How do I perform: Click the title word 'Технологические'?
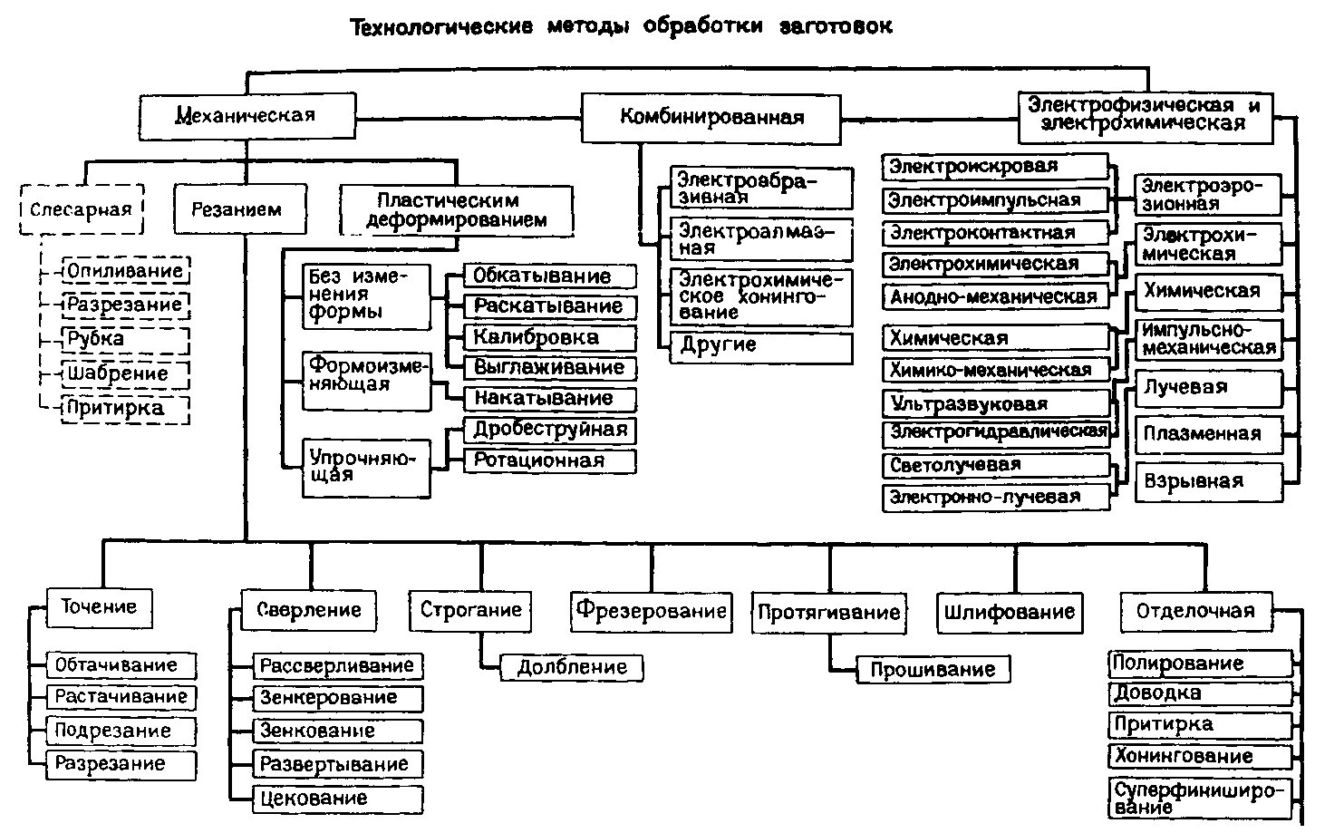tap(441, 27)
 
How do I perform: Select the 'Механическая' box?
tap(247, 116)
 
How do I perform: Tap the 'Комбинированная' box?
tap(711, 118)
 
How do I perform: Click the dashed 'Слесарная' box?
tap(82, 208)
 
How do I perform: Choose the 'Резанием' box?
tap(240, 208)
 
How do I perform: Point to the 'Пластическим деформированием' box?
tap(456, 210)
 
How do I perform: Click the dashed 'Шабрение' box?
tap(125, 374)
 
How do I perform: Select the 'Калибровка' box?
tap(549, 338)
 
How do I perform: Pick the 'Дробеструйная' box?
tap(549, 431)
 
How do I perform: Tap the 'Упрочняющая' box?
tap(366, 468)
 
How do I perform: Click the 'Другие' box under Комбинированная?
tap(760, 348)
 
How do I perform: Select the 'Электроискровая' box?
tap(995, 167)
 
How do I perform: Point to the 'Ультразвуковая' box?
tap(996, 403)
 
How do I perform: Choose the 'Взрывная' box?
tap(1208, 482)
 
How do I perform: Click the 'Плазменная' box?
tap(1208, 434)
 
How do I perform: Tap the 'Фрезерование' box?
tap(651, 612)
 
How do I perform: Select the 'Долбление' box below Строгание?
tap(571, 668)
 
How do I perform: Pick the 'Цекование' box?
tap(337, 799)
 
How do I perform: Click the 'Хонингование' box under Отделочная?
tap(1200, 757)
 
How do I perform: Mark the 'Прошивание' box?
tap(933, 670)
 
